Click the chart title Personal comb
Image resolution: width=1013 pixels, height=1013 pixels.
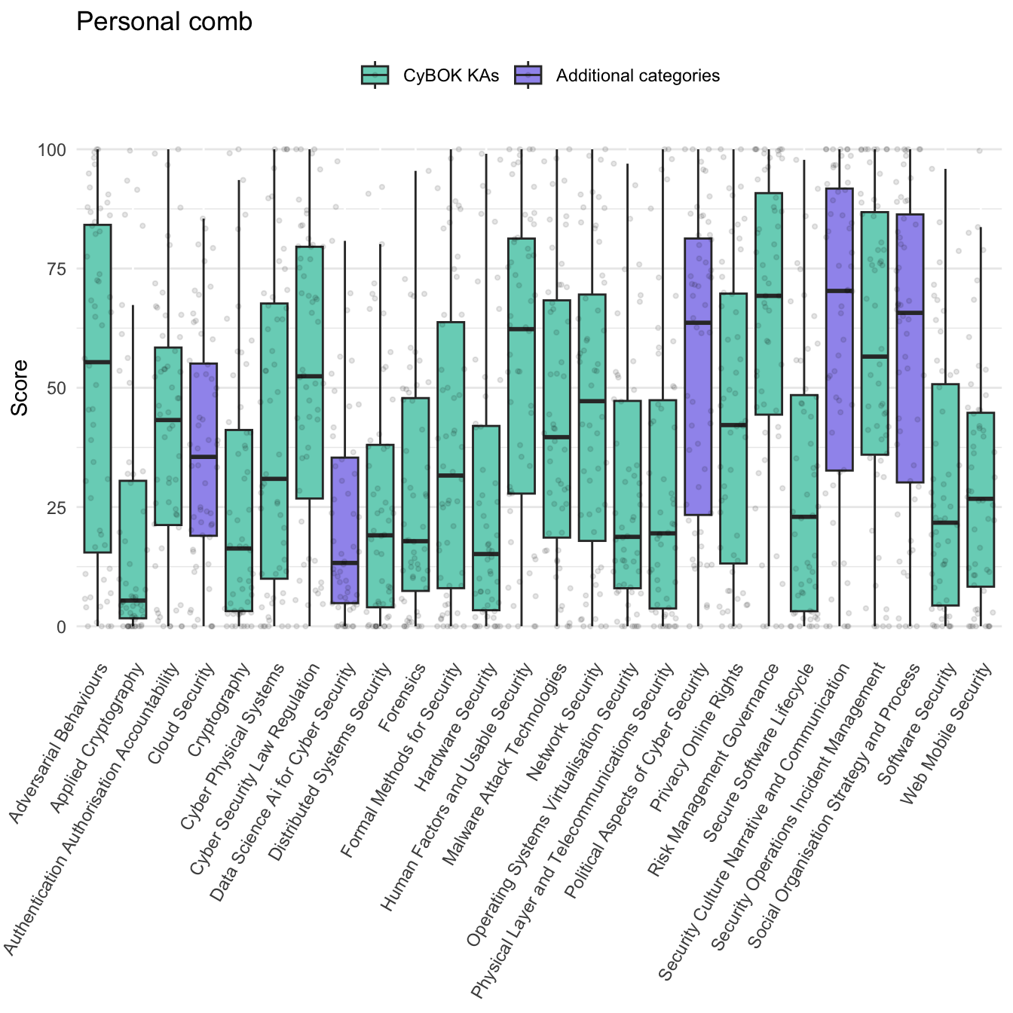[x=164, y=23]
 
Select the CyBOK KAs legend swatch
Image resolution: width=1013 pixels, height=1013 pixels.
[x=375, y=75]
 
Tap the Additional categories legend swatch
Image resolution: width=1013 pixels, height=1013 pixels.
[x=528, y=75]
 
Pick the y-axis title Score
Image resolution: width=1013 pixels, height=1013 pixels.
[x=20, y=387]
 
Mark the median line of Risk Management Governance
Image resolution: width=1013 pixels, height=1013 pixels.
[x=768, y=295]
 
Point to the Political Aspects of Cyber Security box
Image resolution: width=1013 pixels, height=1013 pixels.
[x=698, y=376]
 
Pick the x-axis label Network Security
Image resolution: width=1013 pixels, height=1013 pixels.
[x=567, y=722]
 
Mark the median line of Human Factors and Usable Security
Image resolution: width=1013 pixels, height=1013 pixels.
[x=522, y=329]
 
